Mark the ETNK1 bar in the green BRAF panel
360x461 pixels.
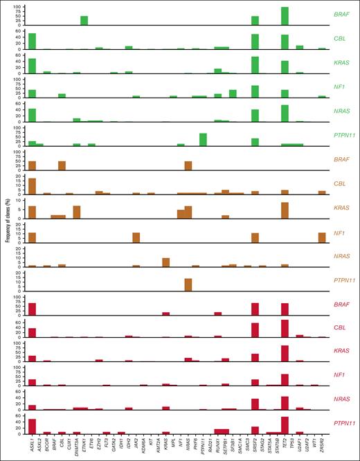click(84, 21)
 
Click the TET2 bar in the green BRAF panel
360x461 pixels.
click(285, 16)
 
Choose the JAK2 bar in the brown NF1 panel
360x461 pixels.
click(136, 237)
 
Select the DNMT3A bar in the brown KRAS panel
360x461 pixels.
click(77, 212)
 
